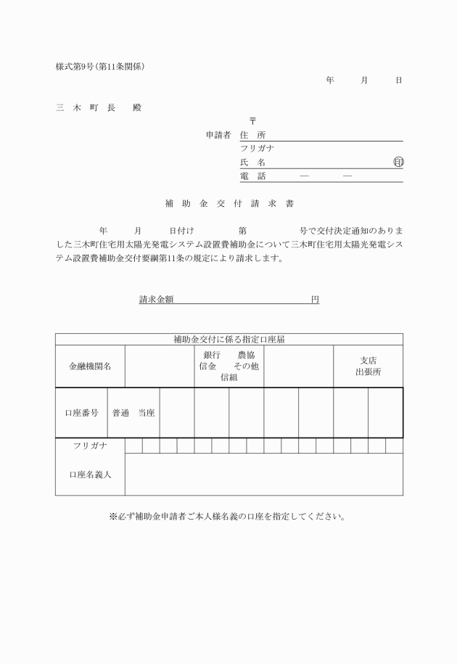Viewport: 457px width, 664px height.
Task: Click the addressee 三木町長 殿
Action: coord(99,107)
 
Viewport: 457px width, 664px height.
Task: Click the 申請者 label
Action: coord(218,135)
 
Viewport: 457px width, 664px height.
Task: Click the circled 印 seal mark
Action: coord(398,163)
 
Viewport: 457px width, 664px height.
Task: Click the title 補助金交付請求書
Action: coord(228,205)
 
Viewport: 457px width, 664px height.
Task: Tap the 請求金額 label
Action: coord(160,299)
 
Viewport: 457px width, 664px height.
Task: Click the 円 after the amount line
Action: coord(315,299)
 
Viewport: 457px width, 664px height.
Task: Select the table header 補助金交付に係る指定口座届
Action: coord(228,339)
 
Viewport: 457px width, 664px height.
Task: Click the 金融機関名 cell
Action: coord(90,366)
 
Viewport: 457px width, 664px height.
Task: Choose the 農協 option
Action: coord(246,356)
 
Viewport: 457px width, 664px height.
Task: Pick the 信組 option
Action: coord(228,377)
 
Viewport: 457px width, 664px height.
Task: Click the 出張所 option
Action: coord(368,372)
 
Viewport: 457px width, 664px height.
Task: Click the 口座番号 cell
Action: coord(81,413)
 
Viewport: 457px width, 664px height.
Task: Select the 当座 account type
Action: coord(147,413)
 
